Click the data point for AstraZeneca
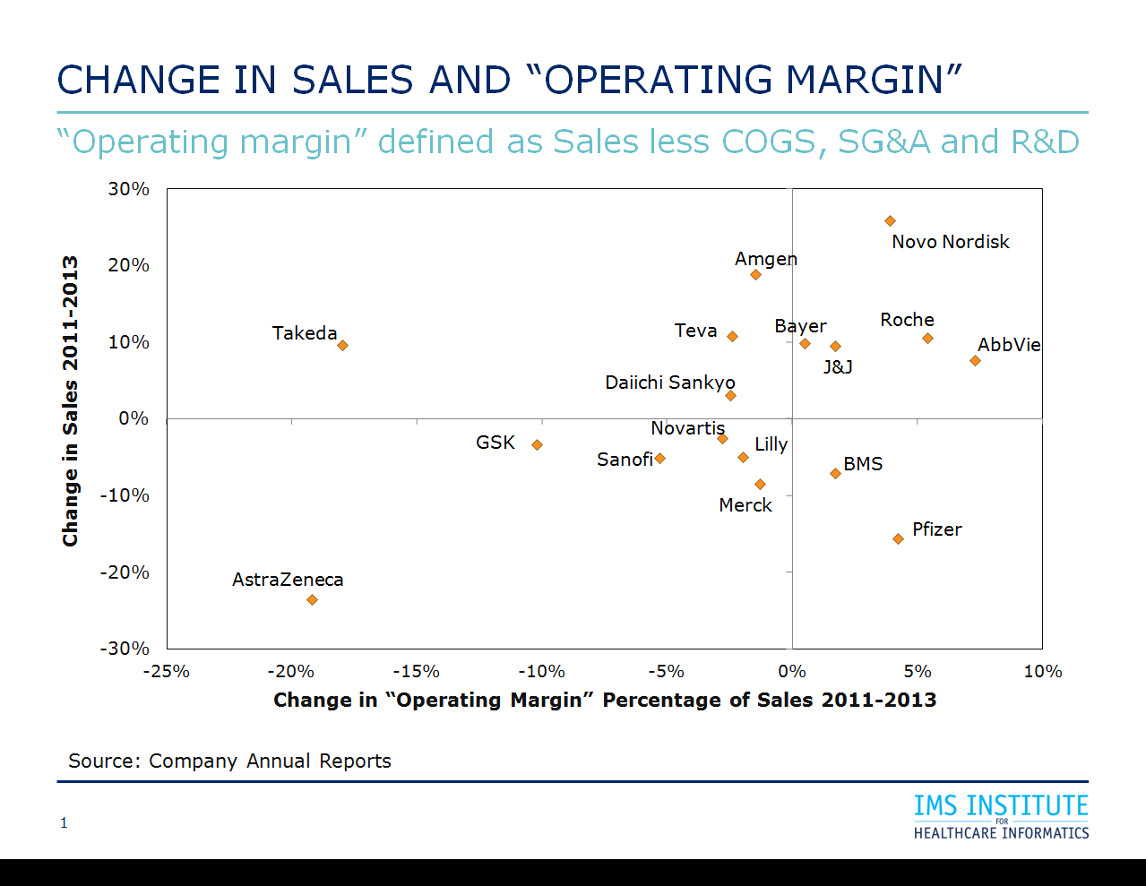(x=312, y=599)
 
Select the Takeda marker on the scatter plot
(x=342, y=345)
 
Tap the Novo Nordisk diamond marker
(x=890, y=220)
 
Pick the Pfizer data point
(x=898, y=538)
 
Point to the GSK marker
(x=537, y=444)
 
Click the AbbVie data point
(x=975, y=360)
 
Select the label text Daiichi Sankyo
(x=669, y=383)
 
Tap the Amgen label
(x=765, y=259)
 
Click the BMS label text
(x=863, y=464)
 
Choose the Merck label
(x=745, y=505)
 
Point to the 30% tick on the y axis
(x=128, y=189)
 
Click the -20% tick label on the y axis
(x=125, y=572)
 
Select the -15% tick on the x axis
(x=416, y=671)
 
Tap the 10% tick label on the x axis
(x=1042, y=671)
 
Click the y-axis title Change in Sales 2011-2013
(x=70, y=400)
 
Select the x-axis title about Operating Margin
(x=605, y=700)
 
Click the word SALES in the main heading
(x=352, y=80)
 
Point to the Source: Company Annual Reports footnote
(x=229, y=761)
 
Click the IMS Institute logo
(x=1001, y=816)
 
